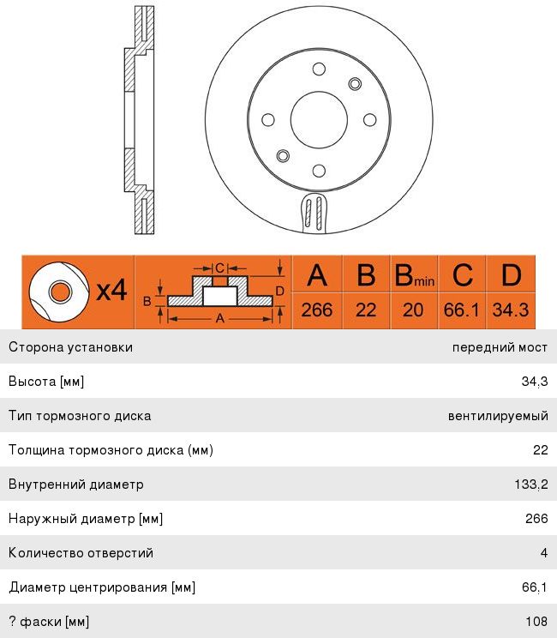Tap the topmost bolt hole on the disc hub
click(319, 69)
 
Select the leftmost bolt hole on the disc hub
click(267, 120)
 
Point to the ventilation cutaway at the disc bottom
click(315, 212)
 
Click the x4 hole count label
click(111, 292)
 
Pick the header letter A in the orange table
click(317, 275)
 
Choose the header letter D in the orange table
click(511, 275)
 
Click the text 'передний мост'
click(500, 347)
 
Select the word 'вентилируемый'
click(498, 416)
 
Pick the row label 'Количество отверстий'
click(81, 553)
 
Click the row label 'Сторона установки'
click(70, 347)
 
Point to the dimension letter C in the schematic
click(219, 267)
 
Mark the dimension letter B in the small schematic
click(147, 300)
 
